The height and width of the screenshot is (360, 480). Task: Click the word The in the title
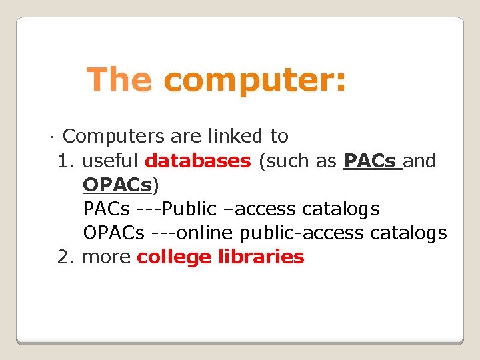click(x=120, y=79)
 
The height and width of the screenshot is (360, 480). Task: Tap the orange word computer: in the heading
click(x=255, y=80)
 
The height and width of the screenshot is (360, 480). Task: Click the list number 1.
click(x=65, y=161)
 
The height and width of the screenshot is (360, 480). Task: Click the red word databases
click(x=197, y=161)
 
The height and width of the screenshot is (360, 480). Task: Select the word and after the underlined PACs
click(x=420, y=161)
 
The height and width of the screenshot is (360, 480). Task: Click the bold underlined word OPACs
click(x=118, y=185)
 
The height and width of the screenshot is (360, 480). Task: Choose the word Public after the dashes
click(x=189, y=209)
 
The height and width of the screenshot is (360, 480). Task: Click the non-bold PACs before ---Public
click(x=107, y=209)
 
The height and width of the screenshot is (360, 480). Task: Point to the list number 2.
click(x=65, y=257)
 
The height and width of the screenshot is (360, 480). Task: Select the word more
click(x=106, y=257)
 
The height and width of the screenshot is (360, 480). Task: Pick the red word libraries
click(x=261, y=257)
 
